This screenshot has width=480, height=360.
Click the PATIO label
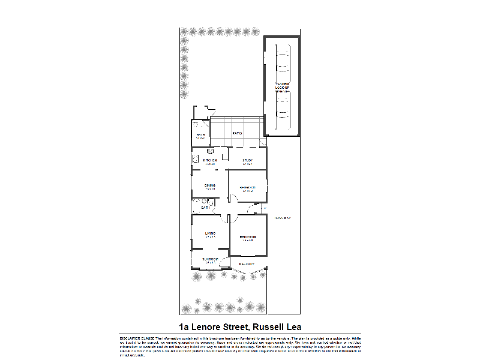click(237, 133)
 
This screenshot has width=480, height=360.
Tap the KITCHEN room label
click(209, 161)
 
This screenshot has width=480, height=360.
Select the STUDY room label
click(247, 161)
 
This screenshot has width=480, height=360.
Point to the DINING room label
click(209, 186)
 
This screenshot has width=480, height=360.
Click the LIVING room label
click(209, 233)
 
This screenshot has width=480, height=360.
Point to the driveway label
click(282, 218)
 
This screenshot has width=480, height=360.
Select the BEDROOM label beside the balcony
click(247, 238)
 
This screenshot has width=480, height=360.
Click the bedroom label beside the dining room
click(247, 188)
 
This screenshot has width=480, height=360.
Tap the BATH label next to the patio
click(200, 135)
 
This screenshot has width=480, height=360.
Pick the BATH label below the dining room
click(205, 208)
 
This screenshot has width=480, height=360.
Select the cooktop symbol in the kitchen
click(210, 152)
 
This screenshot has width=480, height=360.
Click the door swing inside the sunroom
click(223, 261)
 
